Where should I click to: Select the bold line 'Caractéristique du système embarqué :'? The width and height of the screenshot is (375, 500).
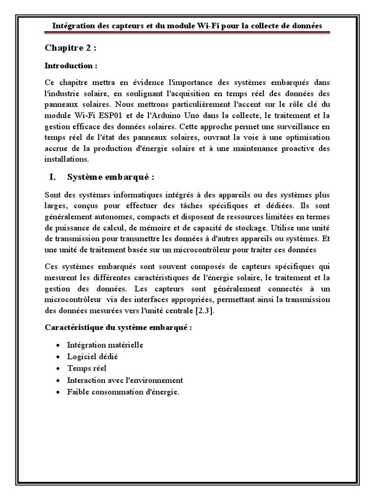[118, 327]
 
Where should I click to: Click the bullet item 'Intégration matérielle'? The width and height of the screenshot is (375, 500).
[105, 345]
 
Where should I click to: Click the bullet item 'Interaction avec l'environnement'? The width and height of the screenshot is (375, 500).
[125, 380]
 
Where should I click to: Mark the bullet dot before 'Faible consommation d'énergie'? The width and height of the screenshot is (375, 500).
[58, 392]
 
